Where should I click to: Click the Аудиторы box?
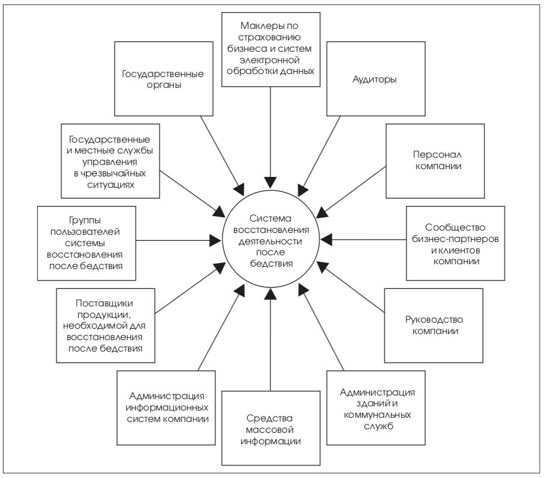tap(376, 79)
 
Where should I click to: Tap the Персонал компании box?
tap(435, 161)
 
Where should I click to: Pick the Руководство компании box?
tap(434, 326)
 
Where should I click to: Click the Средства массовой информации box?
tap(271, 428)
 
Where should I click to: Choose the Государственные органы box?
tap(164, 79)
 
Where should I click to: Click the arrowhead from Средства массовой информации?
tap(271, 294)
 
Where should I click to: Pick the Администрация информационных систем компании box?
tap(166, 408)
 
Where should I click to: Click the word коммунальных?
tap(377, 415)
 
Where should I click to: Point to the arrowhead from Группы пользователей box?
tap(216, 240)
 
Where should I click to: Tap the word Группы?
tap(85, 220)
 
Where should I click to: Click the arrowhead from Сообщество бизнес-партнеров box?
tap(327, 240)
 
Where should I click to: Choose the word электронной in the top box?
tap(269, 60)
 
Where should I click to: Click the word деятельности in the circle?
tap(270, 241)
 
